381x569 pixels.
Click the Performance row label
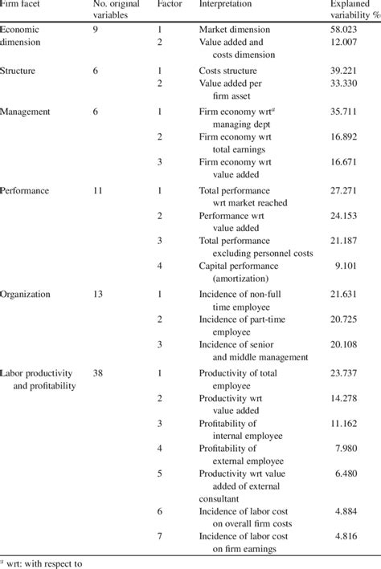[27, 190]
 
